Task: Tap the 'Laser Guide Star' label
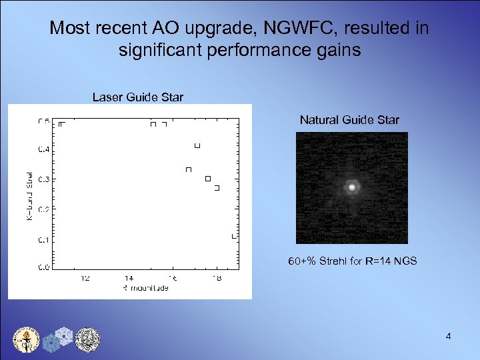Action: [x=137, y=97]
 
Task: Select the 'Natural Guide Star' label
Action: [x=349, y=120]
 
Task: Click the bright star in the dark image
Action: [x=351, y=187]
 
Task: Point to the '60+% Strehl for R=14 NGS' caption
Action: [x=352, y=261]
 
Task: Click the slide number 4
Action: [x=449, y=337]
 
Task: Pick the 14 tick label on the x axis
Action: [x=129, y=278]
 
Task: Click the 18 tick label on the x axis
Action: [x=215, y=278]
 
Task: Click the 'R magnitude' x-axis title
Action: [x=145, y=288]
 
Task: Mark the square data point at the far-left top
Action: [x=61, y=124]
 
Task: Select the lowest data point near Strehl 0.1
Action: [x=234, y=236]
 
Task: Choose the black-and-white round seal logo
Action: [x=87, y=339]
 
